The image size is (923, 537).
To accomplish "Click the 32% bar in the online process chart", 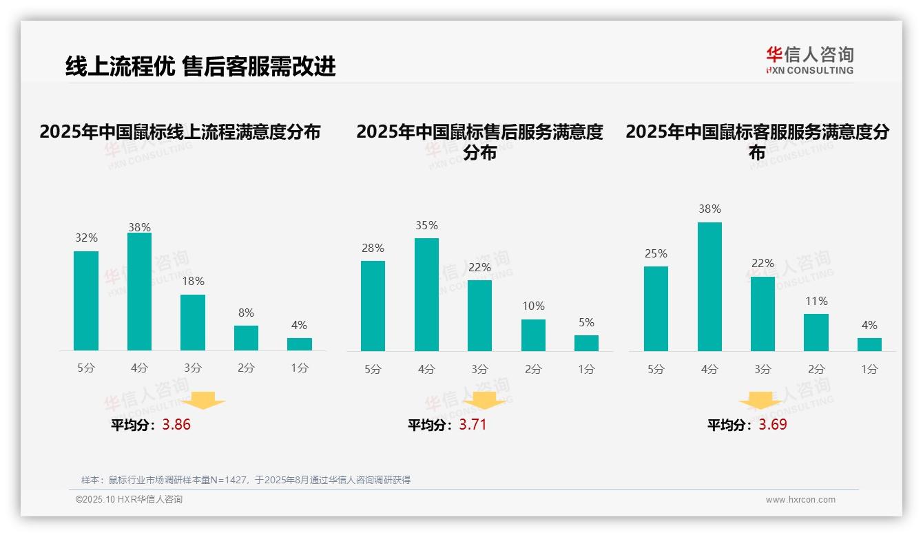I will click(x=86, y=301).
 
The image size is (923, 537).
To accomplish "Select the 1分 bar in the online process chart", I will click(x=300, y=344).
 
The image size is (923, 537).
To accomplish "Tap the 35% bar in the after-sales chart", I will click(x=426, y=295).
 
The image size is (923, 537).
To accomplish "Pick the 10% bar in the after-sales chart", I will click(x=533, y=335).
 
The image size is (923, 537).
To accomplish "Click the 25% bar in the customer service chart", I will click(x=656, y=308).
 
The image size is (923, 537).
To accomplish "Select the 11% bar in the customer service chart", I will click(x=816, y=333).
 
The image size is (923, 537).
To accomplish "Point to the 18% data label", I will click(x=193, y=281).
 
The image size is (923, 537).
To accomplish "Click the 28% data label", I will click(x=373, y=248).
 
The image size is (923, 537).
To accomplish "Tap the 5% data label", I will click(x=586, y=322).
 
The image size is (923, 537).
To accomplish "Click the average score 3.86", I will click(x=176, y=425).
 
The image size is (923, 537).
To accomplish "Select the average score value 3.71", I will click(x=473, y=425).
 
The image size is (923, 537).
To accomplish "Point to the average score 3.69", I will click(x=773, y=425).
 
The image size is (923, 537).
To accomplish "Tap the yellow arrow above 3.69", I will click(x=760, y=401).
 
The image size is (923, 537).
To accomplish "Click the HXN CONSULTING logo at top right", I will click(x=809, y=60).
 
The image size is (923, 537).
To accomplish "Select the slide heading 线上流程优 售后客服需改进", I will click(x=200, y=66).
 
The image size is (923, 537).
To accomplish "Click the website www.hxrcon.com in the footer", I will click(x=800, y=500).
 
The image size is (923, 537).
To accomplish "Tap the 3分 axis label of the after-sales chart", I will click(x=479, y=369).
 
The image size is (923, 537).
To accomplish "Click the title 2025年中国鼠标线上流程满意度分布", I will click(x=180, y=131).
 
